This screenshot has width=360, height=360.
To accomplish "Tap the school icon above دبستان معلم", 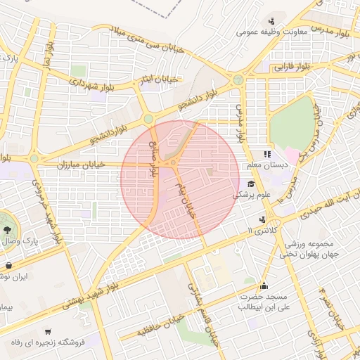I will click(267, 154).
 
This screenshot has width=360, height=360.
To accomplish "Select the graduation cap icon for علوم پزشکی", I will click(251, 184).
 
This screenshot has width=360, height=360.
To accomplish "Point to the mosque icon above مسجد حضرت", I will click(264, 285).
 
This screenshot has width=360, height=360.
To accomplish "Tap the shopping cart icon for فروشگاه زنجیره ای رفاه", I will click(48, 332).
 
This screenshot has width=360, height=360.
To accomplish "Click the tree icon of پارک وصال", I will click(7, 229).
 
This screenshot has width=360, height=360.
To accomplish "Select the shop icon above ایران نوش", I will click(8, 266).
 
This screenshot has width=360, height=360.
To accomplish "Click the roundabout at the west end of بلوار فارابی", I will click(238, 79).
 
